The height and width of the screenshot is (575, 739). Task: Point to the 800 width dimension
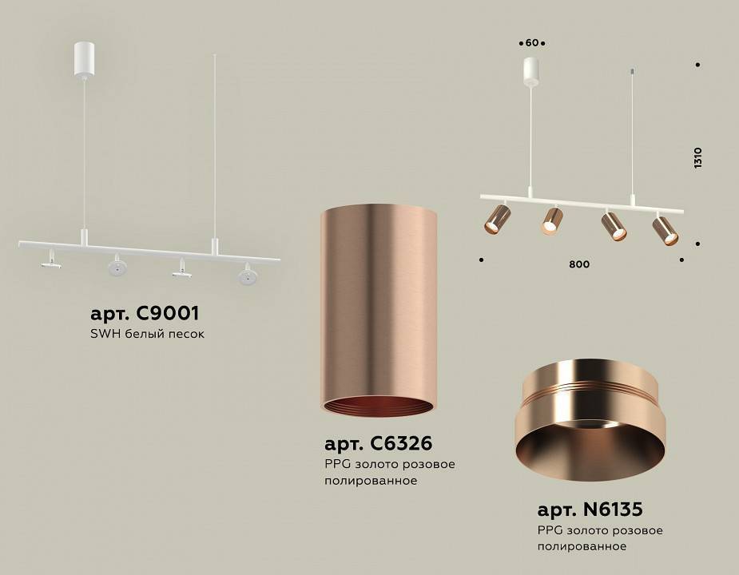[581, 264]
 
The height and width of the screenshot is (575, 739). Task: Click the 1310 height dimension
[697, 157]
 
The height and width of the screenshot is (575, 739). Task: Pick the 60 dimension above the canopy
[531, 42]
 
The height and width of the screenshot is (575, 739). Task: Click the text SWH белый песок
[148, 334]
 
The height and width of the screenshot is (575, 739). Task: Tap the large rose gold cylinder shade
[379, 303]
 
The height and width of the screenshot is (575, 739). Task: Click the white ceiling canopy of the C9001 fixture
[84, 61]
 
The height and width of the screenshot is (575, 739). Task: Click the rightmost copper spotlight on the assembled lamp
[665, 229]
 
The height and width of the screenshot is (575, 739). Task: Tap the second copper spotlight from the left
[552, 220]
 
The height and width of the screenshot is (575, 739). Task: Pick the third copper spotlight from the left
[614, 226]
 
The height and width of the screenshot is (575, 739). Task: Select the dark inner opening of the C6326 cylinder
[378, 405]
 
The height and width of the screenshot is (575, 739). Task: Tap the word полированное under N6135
[582, 546]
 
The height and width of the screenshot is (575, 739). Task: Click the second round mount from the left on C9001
[117, 266]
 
